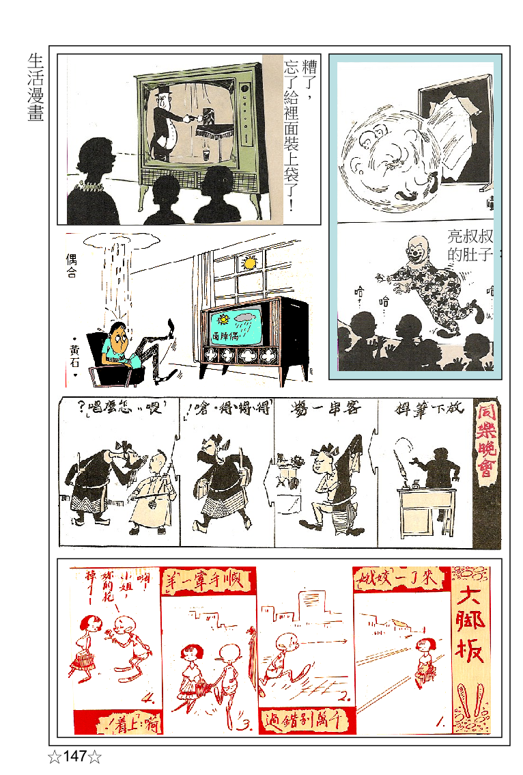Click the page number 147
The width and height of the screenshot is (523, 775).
[x=74, y=757]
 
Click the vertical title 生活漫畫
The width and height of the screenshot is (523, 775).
[x=36, y=88]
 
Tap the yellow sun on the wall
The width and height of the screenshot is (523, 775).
[x=250, y=262]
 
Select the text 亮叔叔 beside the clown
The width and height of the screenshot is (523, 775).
[x=470, y=237]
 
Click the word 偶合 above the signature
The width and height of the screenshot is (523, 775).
[x=71, y=266]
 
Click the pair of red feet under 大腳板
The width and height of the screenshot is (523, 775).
[x=471, y=703]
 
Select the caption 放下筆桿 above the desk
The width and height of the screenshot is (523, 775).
[x=429, y=410]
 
